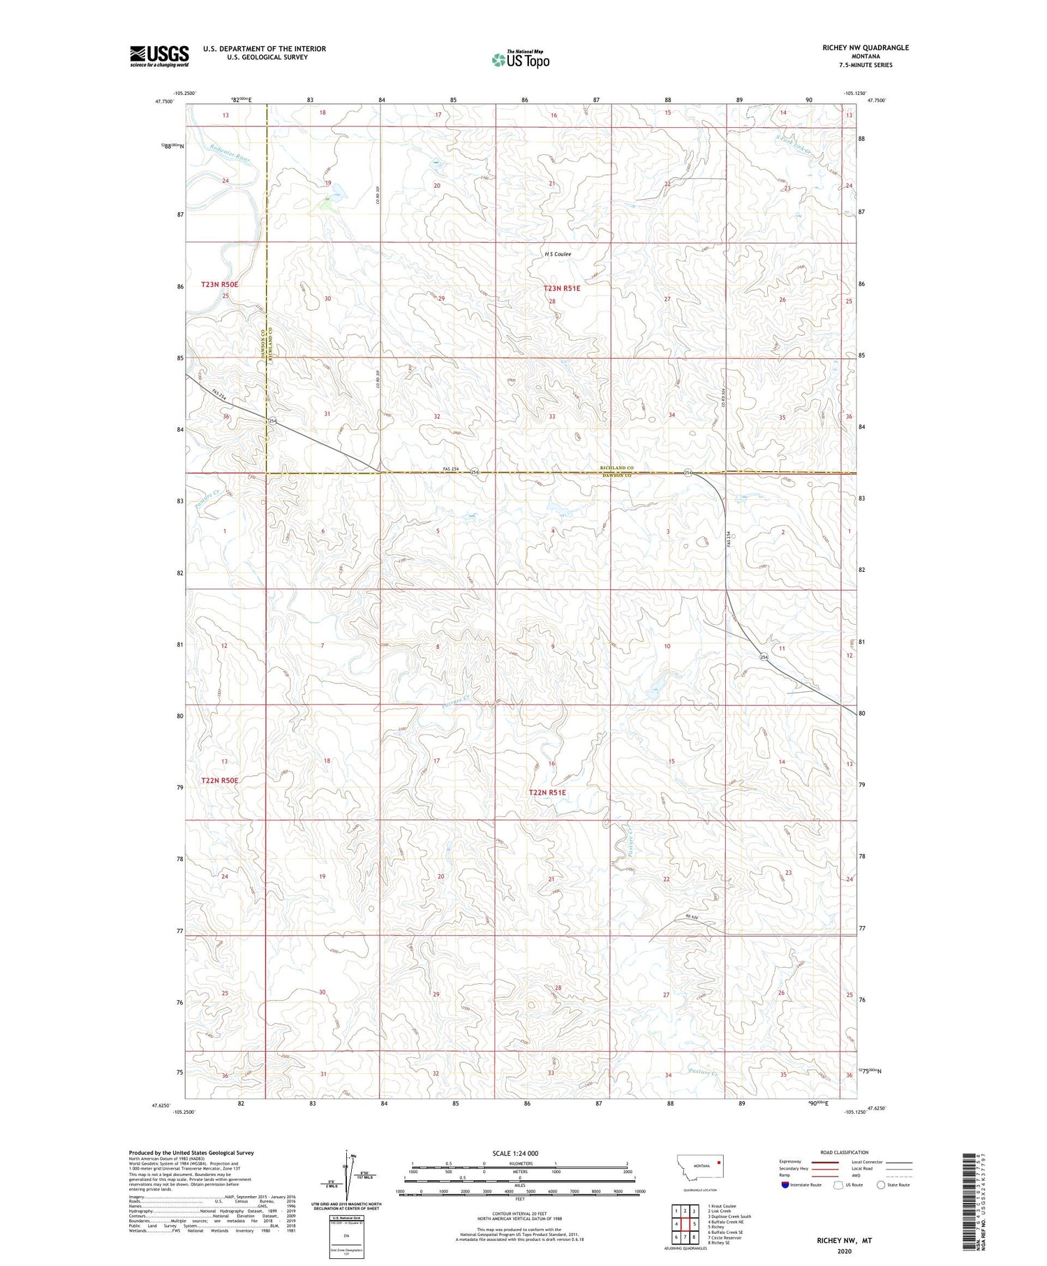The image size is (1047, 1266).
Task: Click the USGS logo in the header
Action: click(159, 56)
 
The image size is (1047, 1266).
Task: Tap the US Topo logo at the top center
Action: click(520, 60)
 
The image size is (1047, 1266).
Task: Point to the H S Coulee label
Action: click(558, 254)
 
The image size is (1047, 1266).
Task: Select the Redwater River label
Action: click(230, 153)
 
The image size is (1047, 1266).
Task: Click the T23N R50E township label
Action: click(220, 284)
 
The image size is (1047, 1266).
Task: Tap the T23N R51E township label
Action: click(562, 288)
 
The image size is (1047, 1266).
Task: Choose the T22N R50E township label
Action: click(220, 780)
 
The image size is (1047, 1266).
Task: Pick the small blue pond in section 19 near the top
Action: click(337, 190)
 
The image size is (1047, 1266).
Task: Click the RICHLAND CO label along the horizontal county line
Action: click(616, 468)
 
